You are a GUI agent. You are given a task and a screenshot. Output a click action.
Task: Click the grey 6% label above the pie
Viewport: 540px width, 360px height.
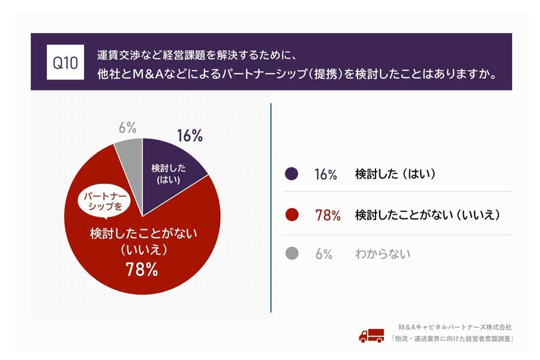coord(127,127)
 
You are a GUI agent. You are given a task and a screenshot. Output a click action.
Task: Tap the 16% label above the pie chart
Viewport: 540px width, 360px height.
coord(190,136)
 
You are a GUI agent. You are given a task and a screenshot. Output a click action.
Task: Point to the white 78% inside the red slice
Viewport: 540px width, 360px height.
coord(142,270)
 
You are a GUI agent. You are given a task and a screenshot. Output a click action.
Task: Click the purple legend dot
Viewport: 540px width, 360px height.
coord(292,174)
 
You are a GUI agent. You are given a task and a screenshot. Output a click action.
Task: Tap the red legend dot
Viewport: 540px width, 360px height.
coord(292,214)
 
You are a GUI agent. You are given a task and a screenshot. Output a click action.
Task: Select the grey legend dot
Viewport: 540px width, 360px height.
coord(292,254)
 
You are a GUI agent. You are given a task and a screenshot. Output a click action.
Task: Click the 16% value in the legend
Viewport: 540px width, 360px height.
coord(326,175)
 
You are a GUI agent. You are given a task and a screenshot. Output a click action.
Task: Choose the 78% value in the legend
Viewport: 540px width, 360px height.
coord(328,215)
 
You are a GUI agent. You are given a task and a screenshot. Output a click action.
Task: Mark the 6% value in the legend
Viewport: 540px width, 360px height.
coord(323,254)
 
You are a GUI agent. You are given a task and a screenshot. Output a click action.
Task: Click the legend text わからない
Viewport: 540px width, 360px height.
coord(383,254)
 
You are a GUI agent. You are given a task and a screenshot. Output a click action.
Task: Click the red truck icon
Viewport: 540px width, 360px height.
coord(371,335)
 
